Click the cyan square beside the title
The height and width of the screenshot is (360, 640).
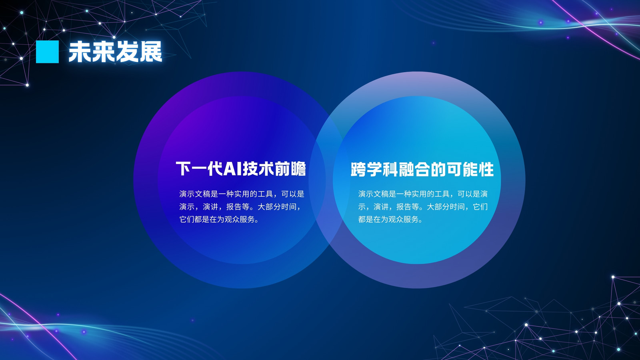point(47,52)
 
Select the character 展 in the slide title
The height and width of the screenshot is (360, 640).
point(150,52)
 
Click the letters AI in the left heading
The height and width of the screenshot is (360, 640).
point(232,168)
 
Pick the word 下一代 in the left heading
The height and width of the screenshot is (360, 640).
point(199,168)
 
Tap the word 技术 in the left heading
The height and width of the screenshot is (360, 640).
point(258,168)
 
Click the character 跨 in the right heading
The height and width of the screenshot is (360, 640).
point(358,170)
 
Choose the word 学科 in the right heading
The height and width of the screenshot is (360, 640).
point(382,170)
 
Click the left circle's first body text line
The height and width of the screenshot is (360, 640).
point(242,194)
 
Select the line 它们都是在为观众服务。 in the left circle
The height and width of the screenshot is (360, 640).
point(219,219)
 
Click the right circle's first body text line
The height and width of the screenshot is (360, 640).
point(423,194)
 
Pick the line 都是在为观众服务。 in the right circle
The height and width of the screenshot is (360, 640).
point(390,219)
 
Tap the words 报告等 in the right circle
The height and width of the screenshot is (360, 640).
point(408,206)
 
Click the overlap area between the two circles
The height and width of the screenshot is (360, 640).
point(329,180)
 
